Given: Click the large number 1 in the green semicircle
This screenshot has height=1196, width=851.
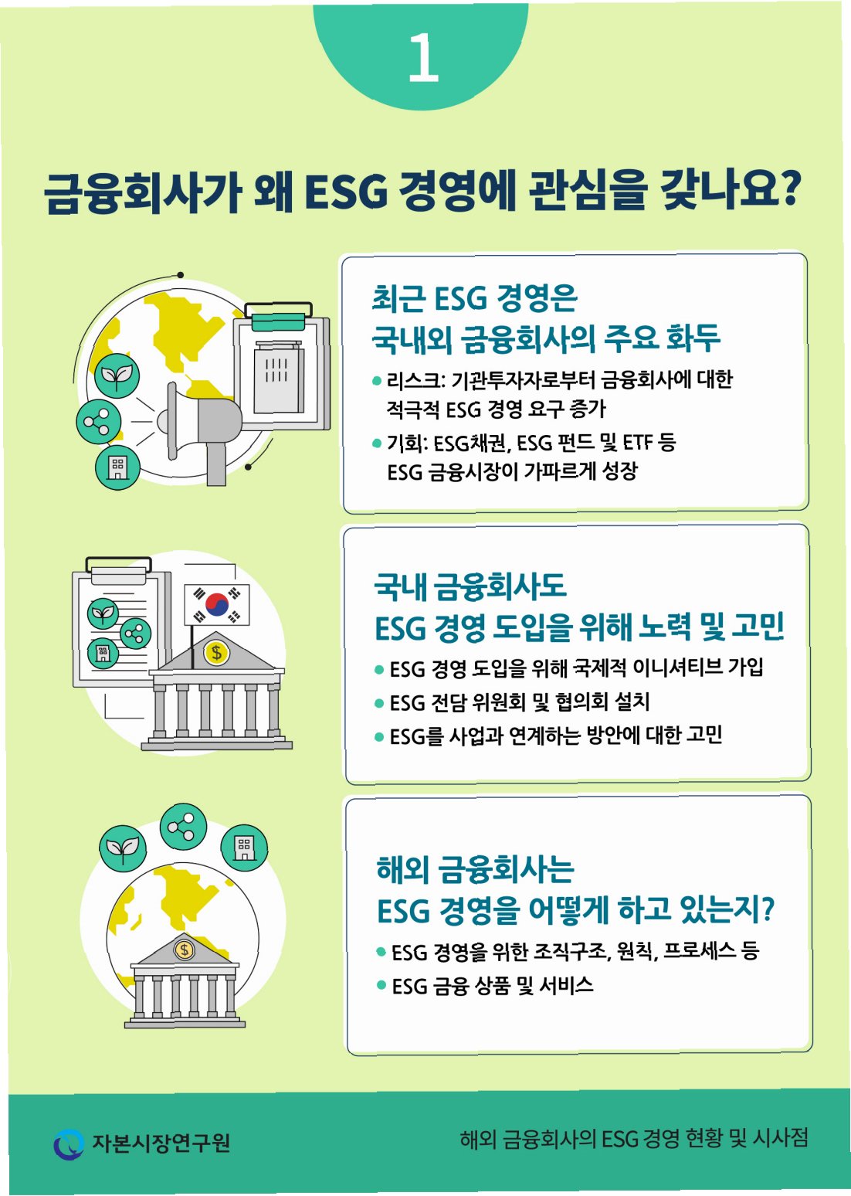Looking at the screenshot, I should [423, 57].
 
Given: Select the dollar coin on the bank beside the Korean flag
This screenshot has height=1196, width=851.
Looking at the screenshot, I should [216, 652].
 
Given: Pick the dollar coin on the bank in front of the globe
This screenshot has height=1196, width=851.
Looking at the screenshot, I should [184, 949].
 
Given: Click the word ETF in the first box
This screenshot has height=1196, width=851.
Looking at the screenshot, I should [637, 443].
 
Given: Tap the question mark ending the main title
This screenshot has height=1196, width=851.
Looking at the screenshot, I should [789, 189].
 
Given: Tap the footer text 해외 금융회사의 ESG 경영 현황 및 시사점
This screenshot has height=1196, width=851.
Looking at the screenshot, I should [633, 1138].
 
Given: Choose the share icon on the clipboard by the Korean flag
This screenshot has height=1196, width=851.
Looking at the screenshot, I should [135, 634].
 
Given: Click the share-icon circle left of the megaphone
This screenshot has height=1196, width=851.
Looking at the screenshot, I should [98, 422].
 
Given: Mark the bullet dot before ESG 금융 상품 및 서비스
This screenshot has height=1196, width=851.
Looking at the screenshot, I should [381, 985].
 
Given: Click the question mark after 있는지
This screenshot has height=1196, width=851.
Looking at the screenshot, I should [767, 909].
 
